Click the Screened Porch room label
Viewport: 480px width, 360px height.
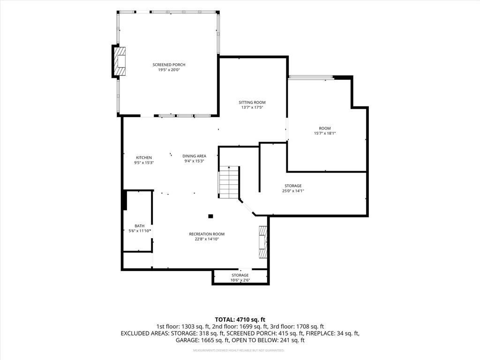tap(169, 65)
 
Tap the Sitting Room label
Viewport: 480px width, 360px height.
tap(252, 102)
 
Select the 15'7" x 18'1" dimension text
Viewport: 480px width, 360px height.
tap(325, 133)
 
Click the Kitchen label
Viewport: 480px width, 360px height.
tap(144, 157)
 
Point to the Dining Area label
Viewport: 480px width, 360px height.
tap(195, 156)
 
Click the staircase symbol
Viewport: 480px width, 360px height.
tap(228, 182)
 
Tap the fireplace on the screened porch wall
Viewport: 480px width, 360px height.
tap(119, 61)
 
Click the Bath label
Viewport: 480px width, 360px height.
tap(140, 226)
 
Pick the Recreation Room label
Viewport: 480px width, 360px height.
tap(207, 234)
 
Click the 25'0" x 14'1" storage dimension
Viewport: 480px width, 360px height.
tap(293, 191)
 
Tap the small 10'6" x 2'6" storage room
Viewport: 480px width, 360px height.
tap(240, 277)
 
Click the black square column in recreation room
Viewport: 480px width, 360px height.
tap(210, 216)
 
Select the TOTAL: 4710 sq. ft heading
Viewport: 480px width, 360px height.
tap(240, 320)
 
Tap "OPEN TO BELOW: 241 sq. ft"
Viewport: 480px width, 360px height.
tap(268, 340)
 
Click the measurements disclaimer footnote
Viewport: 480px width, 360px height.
tap(239, 350)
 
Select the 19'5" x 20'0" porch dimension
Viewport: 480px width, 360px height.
tap(169, 70)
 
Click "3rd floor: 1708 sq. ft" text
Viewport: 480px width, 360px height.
tap(297, 327)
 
